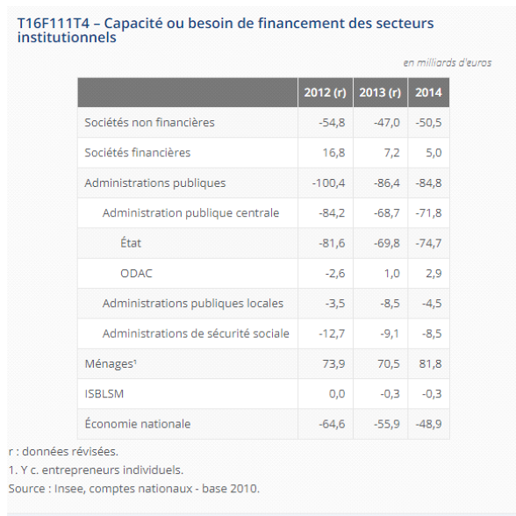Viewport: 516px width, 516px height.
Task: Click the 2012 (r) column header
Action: pos(325,92)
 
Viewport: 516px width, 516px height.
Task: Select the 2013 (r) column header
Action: pos(380,92)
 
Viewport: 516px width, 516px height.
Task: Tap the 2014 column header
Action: pos(428,92)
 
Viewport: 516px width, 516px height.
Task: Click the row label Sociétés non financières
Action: pos(149,123)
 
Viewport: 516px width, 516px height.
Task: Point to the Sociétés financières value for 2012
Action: pos(333,153)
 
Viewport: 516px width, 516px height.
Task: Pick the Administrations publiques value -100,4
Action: pos(328,183)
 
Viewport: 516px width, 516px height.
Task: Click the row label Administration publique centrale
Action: pos(191,213)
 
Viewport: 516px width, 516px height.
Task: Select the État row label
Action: pos(131,242)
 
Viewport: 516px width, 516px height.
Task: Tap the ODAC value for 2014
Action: pos(434,274)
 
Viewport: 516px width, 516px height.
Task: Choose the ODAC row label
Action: pos(136,274)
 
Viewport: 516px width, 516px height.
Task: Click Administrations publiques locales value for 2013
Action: pos(390,304)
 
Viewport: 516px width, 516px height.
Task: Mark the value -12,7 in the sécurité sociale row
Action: pos(332,333)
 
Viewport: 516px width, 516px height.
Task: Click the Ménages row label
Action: pos(111,363)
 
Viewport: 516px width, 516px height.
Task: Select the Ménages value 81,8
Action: pos(430,363)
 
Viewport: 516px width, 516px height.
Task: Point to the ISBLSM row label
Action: pos(104,394)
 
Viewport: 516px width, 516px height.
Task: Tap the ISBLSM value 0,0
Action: pos(337,394)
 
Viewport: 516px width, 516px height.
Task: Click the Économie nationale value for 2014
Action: pos(428,424)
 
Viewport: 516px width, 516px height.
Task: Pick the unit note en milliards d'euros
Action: pos(448,62)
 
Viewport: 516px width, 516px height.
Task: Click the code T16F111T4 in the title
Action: pos(54,24)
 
